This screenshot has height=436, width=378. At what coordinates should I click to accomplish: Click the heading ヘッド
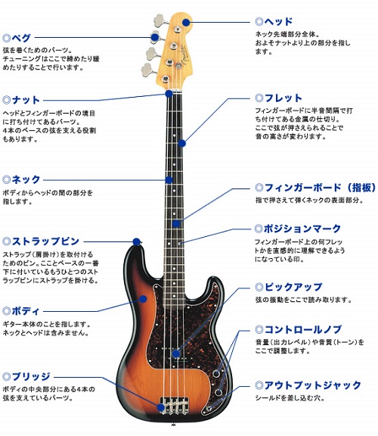[x=278, y=21]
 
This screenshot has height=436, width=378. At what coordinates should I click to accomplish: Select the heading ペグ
[x=21, y=38]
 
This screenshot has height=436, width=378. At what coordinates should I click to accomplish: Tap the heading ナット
[x=26, y=100]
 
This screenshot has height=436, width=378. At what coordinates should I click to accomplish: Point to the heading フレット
[x=283, y=98]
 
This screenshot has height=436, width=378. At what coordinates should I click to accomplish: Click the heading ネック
[x=26, y=179]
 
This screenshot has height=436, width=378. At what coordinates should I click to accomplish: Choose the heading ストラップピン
[x=45, y=241]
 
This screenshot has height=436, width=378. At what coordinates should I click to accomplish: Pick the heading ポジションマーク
[x=302, y=229]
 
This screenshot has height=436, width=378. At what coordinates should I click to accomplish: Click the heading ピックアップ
[x=293, y=287]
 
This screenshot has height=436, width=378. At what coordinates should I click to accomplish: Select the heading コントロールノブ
[x=302, y=329]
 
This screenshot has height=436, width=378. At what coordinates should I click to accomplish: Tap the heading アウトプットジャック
[x=313, y=385]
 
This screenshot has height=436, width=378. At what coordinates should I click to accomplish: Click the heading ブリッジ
[x=31, y=377]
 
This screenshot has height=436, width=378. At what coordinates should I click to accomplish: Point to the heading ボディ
[x=26, y=311]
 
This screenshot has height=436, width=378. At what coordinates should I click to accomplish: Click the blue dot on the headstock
[x=187, y=22]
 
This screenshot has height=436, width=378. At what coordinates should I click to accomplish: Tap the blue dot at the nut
[x=169, y=94]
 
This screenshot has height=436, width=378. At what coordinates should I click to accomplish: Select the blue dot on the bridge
[x=161, y=407]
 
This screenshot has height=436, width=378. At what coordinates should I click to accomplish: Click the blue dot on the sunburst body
[x=143, y=299]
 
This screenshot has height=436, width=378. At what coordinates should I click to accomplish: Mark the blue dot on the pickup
[x=176, y=353]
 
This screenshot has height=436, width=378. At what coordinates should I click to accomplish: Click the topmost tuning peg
[x=160, y=20]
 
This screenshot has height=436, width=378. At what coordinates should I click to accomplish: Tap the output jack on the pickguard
[x=210, y=409]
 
